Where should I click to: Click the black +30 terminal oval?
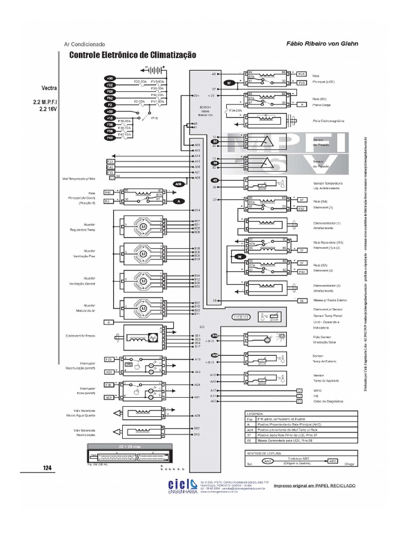[x=109, y=78]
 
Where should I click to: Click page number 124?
[x=47, y=467]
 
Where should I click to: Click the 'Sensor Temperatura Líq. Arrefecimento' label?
[x=329, y=186]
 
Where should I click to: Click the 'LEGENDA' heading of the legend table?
[x=254, y=413]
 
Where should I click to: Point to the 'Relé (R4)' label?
[x=320, y=202]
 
